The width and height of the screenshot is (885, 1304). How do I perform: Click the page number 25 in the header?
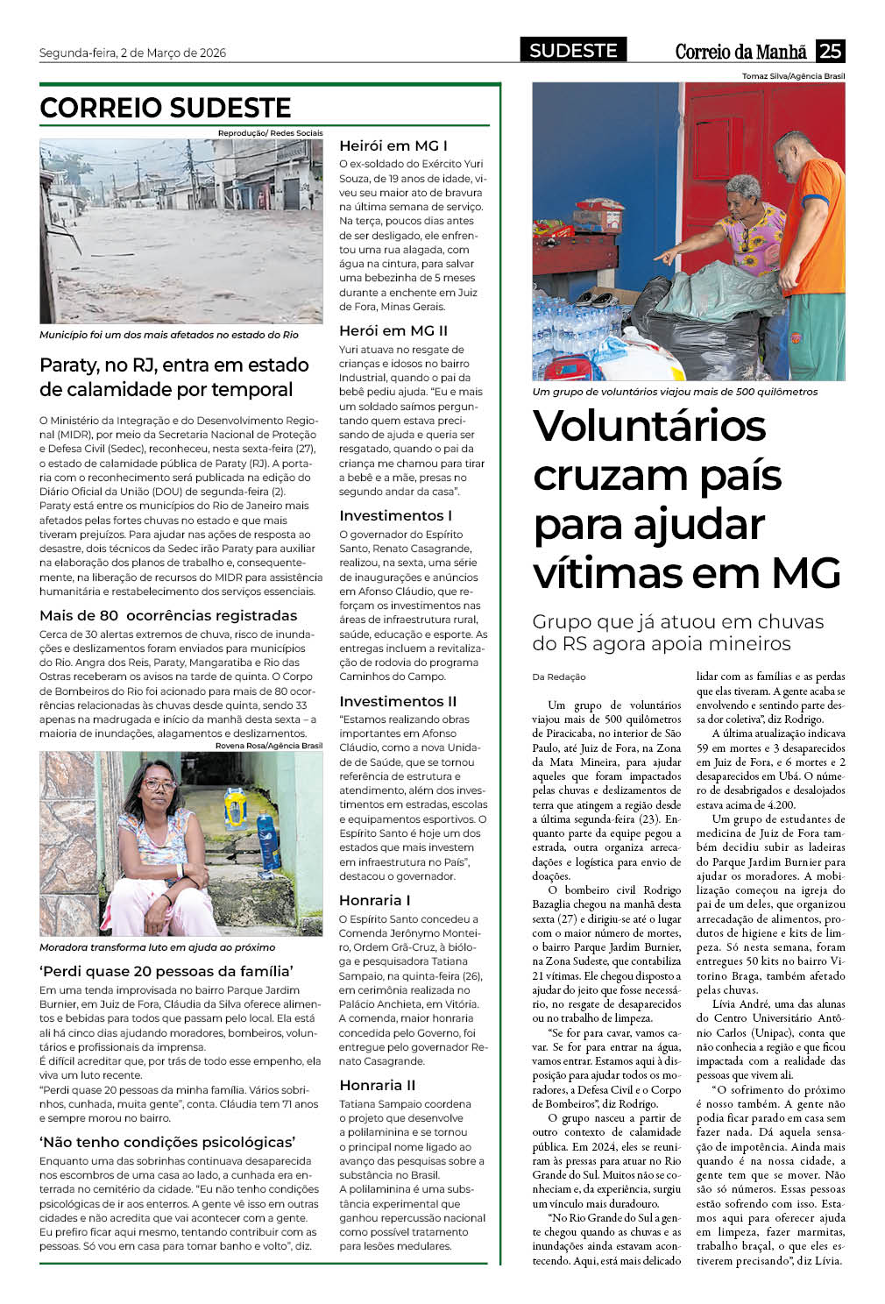pos(830,51)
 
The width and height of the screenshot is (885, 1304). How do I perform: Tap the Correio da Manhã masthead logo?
pos(740,52)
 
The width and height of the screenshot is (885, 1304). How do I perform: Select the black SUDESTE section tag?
pos(573,51)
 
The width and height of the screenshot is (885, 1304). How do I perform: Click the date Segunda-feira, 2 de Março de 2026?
pos(132,53)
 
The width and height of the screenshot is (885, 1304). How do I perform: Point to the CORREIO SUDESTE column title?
pos(166,108)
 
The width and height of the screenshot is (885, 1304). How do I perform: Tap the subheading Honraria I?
pos(375,900)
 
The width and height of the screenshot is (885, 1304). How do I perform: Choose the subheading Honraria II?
pos(378,1085)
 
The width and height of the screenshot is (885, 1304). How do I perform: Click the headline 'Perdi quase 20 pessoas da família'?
pos(166,971)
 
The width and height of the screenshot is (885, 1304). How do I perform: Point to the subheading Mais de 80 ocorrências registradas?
pos(168,615)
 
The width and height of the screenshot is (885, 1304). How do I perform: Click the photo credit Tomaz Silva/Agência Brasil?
pos(793,76)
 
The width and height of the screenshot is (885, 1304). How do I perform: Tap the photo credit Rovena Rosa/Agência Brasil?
pos(269,746)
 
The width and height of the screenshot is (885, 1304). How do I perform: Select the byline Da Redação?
pos(559,677)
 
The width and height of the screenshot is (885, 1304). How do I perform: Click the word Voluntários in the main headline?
pos(649,426)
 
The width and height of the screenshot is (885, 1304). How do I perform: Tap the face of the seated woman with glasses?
pos(159,783)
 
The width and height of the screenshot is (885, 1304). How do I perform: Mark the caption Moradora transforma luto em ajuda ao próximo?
pos(158,947)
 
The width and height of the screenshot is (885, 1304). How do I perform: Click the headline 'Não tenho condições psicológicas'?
pos(167,1142)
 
